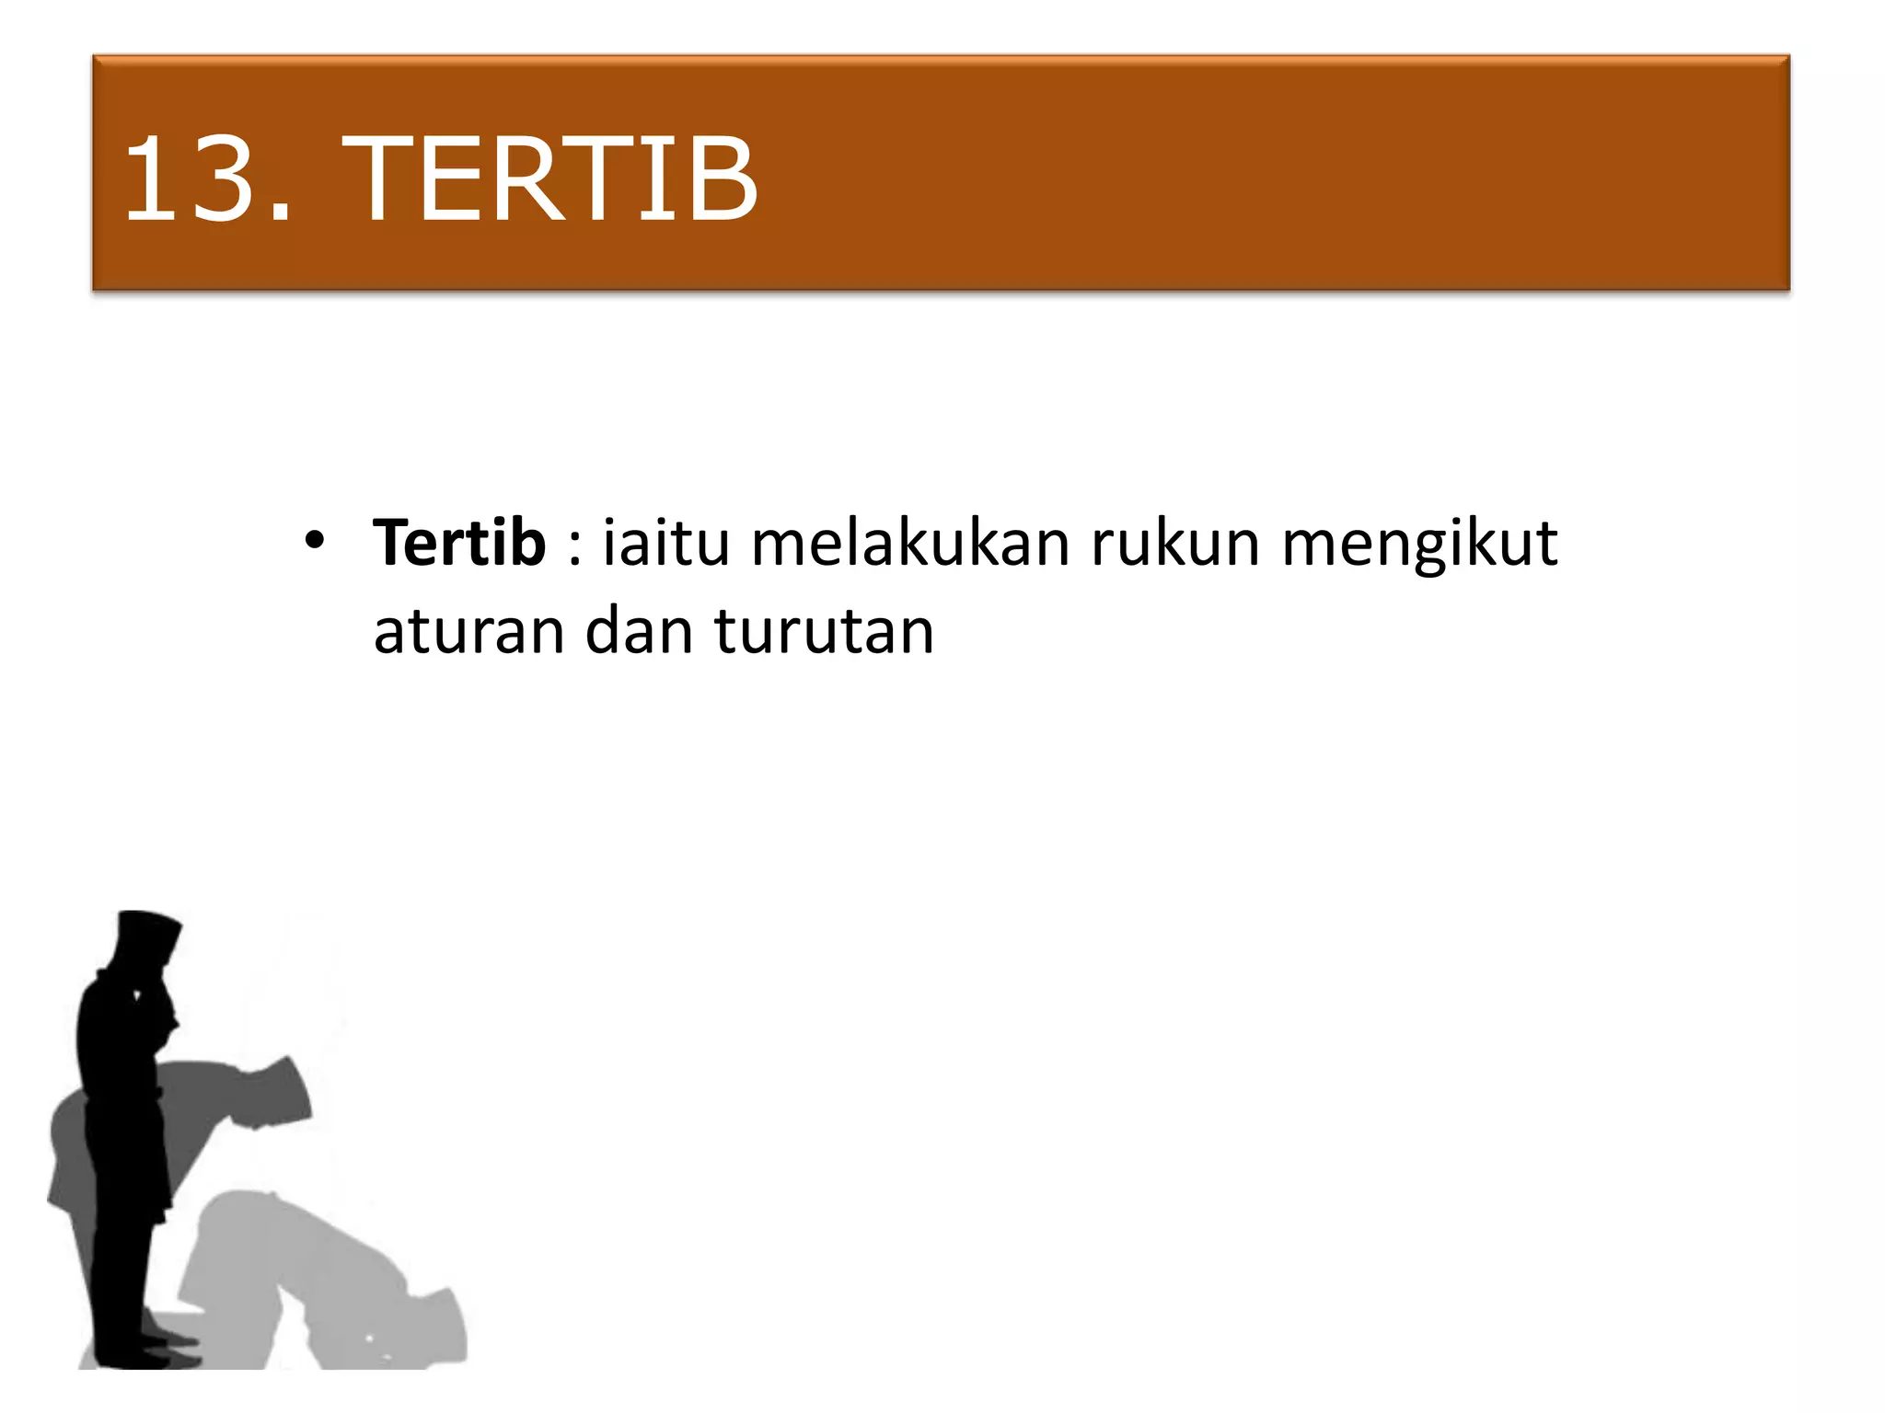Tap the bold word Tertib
[459, 543]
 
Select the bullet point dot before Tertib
[315, 540]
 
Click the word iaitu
[666, 543]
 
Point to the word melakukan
[909, 543]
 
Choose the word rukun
[1174, 543]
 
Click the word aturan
[468, 632]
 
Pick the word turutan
[824, 632]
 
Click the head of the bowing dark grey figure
[281, 1095]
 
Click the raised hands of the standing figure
[147, 998]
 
